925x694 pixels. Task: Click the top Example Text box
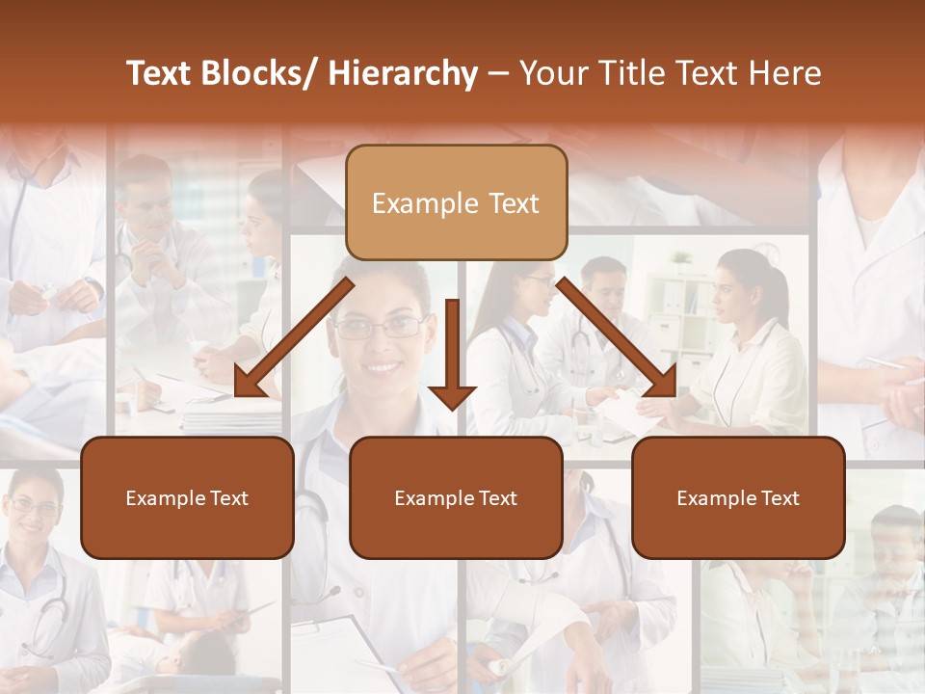[456, 202]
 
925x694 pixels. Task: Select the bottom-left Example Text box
[187, 497]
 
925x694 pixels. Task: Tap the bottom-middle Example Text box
[456, 497]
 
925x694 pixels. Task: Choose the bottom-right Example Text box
[738, 497]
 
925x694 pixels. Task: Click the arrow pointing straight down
[452, 357]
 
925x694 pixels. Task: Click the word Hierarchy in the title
[403, 73]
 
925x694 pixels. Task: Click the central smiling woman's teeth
[382, 366]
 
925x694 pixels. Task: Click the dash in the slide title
[498, 74]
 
